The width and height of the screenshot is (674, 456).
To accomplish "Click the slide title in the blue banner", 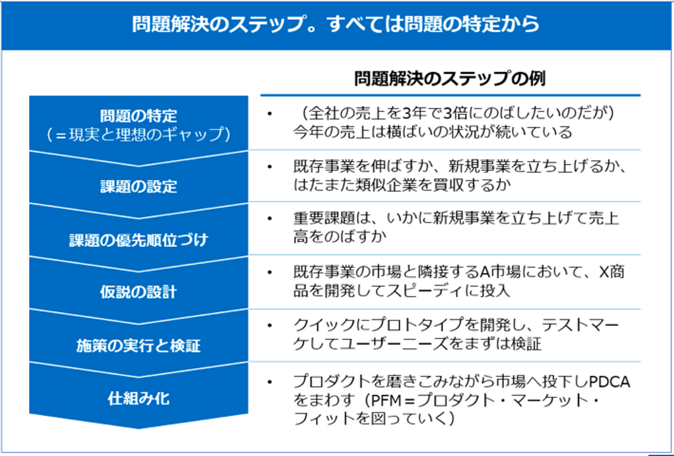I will point(335,24).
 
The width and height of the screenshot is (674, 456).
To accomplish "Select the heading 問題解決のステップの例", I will point(449,79).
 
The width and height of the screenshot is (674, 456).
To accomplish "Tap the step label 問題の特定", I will point(139,116).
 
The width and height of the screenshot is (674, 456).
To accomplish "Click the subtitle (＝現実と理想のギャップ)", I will point(139,135).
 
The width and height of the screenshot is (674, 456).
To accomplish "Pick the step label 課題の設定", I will point(139,187).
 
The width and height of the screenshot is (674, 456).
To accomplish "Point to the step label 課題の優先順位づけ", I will point(139,240).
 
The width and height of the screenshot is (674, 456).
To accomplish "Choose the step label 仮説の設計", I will point(139,292).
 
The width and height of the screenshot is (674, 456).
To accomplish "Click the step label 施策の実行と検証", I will point(139,346).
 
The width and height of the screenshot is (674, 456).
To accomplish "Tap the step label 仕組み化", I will point(139,398).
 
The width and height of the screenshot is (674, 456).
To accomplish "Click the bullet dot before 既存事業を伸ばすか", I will point(270,166).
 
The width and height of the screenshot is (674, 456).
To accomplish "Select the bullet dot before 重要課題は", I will point(270,218).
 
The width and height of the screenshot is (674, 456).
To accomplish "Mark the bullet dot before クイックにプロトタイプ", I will point(270,325).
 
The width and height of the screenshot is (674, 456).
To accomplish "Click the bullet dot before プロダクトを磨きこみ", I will point(270,382).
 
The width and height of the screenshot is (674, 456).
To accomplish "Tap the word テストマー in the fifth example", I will point(580,325).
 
